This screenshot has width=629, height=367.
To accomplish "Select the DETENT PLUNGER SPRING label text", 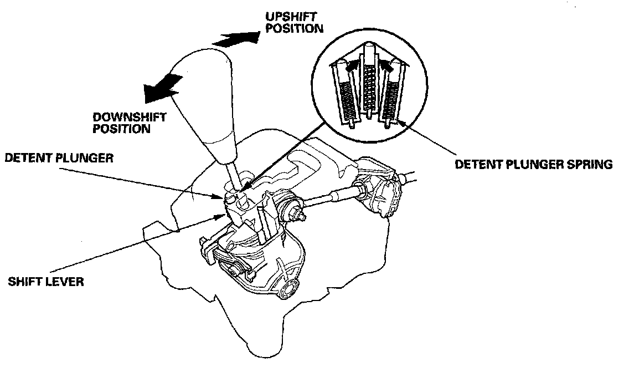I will click(533, 165).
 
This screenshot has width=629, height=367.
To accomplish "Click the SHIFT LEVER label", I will click(45, 282).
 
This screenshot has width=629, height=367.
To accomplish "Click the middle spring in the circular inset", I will click(368, 86).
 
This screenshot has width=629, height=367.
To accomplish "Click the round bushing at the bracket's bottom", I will click(289, 288).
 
